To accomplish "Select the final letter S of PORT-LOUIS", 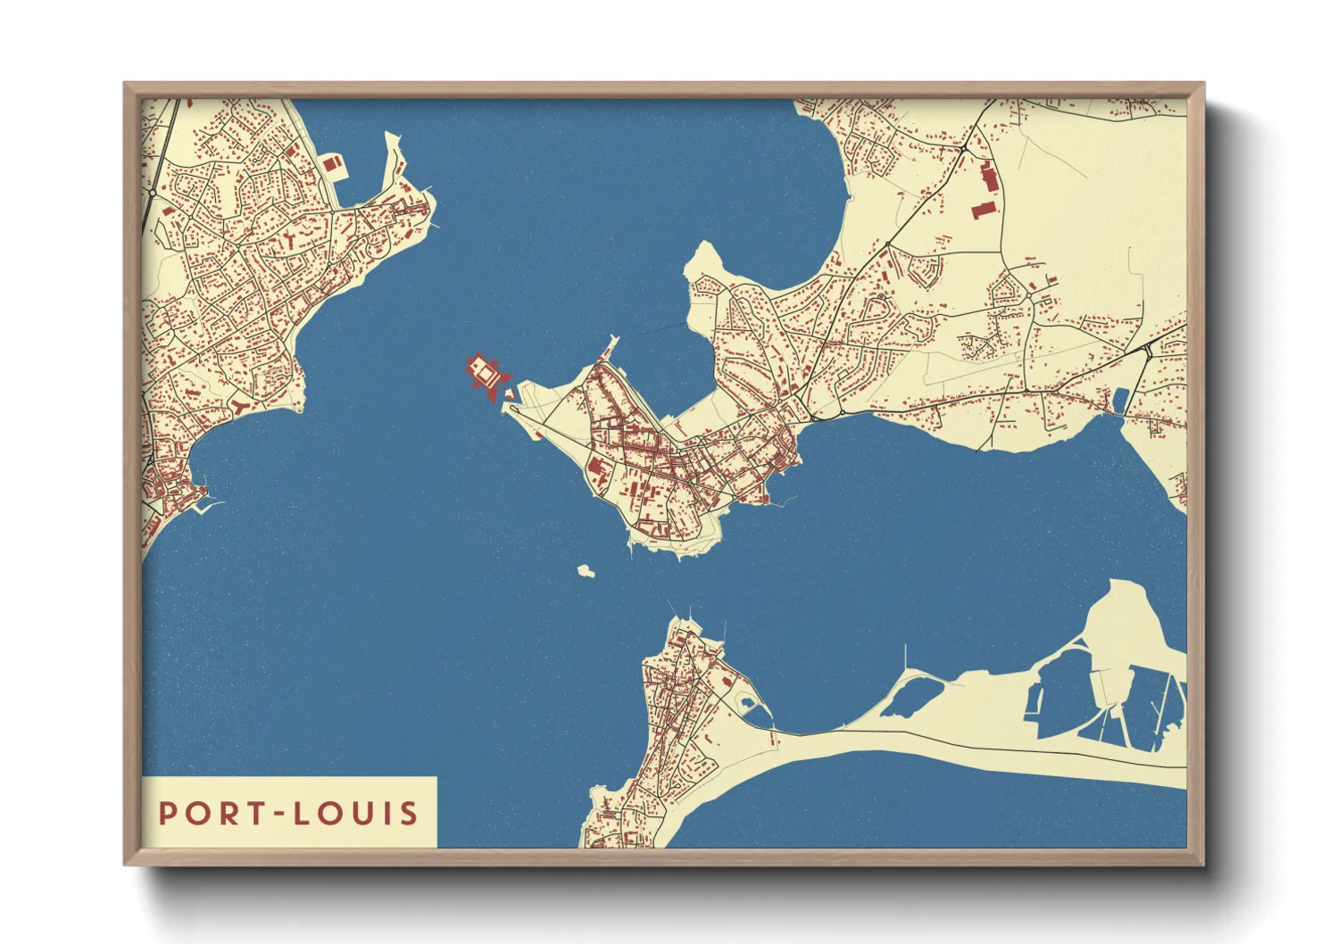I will pyautogui.click(x=409, y=814).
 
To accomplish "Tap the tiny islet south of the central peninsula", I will pyautogui.click(x=586, y=570).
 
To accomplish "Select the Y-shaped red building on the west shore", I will pyautogui.click(x=242, y=407).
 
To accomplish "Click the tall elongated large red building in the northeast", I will pyautogui.click(x=989, y=176).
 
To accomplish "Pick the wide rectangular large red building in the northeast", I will pyautogui.click(x=982, y=211).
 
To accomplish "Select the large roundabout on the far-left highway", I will pyautogui.click(x=153, y=192).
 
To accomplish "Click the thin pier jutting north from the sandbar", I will pyautogui.click(x=906, y=658).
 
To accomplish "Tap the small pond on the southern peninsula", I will pyautogui.click(x=747, y=704).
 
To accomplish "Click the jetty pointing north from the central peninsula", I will pyautogui.click(x=611, y=344).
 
